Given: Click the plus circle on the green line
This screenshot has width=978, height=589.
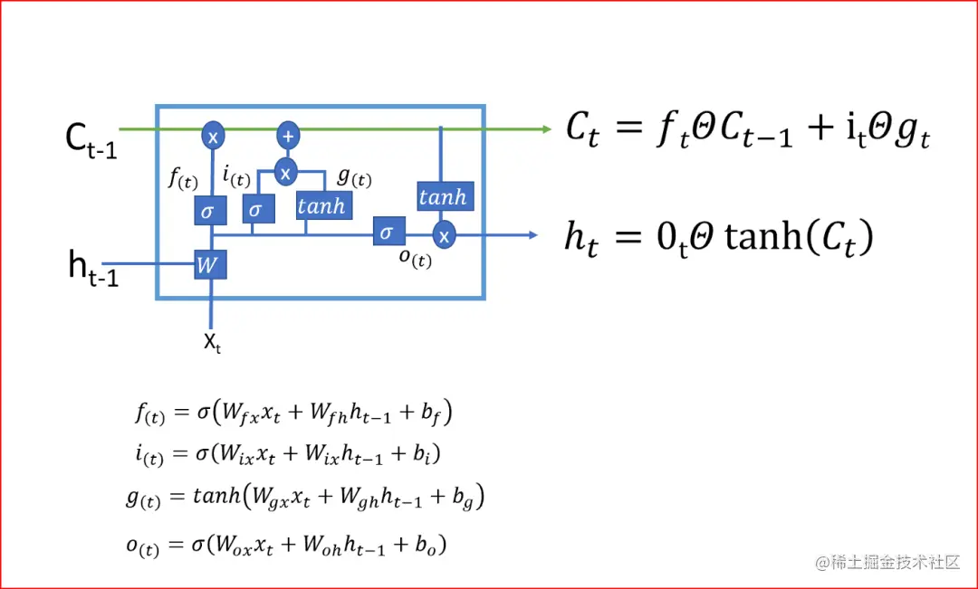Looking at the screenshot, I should pos(288,135).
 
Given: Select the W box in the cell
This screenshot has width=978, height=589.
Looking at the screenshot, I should pos(210,266).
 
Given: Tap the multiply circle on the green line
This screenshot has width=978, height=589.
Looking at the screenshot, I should pos(213,136).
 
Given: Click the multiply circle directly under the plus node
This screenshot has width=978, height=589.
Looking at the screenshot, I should pos(287,171).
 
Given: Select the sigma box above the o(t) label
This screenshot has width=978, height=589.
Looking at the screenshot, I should pos(387,232).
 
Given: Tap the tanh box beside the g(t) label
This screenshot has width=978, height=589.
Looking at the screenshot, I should pos(321,206).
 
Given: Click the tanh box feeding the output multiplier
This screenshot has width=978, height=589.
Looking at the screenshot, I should pos(444,196).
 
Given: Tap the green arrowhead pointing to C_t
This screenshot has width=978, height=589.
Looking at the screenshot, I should pos(545,129).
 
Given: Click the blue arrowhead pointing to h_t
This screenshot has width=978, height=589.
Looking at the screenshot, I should pos(532,235).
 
